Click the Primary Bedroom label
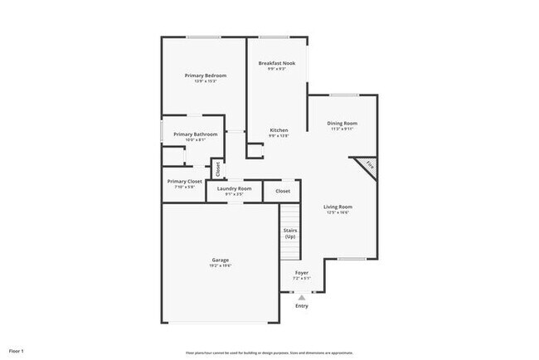[205, 75]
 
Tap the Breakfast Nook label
[277, 63]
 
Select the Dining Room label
[342, 124]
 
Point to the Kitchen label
[279, 130]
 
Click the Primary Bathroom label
[196, 134]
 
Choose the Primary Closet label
[184, 181]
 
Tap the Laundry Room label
[234, 188]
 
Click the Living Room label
[337, 207]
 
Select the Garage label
[220, 260]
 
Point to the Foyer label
[302, 272]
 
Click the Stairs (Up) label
[290, 233]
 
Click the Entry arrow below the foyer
[302, 296]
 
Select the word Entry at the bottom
[302, 306]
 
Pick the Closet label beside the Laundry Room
[283, 191]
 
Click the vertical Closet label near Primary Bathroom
[218, 169]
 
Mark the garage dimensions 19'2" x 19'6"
[220, 265]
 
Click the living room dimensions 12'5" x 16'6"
[337, 212]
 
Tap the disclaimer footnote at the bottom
[269, 353]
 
